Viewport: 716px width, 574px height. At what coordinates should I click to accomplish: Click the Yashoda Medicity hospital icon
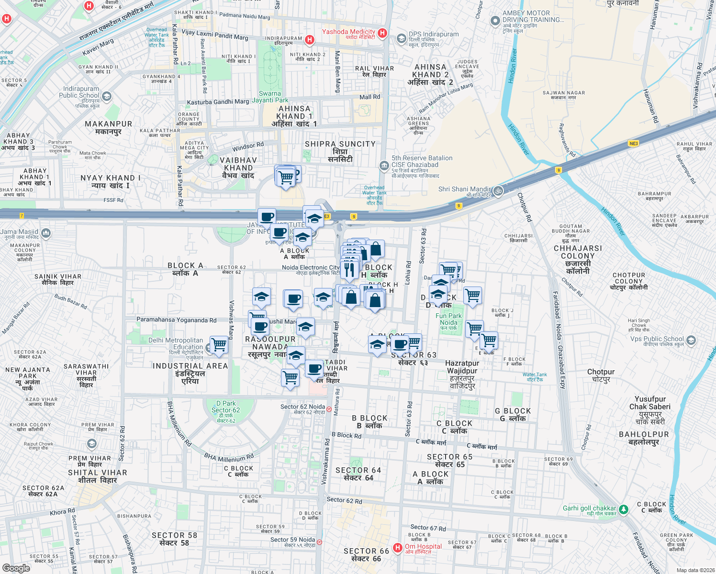pyautogui.click(x=382, y=33)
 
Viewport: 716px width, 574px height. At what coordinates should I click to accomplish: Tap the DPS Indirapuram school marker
pyautogui.click(x=401, y=38)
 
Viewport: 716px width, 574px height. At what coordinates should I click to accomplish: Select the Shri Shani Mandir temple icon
pyautogui.click(x=498, y=190)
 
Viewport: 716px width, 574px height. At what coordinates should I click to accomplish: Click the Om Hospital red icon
pyautogui.click(x=397, y=548)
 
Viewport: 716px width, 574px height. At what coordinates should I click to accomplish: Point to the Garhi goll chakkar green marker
pyautogui.click(x=623, y=509)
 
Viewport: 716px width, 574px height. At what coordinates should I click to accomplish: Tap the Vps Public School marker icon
pyautogui.click(x=691, y=340)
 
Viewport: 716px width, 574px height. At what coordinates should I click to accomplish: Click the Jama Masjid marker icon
pyautogui.click(x=46, y=233)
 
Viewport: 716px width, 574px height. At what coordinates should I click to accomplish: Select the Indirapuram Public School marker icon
pyautogui.click(x=106, y=96)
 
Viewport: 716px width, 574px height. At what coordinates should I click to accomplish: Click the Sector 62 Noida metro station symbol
pyautogui.click(x=329, y=409)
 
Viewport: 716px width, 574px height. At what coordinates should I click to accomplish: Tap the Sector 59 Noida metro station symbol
pyautogui.click(x=319, y=542)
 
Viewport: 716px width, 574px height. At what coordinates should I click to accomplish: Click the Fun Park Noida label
pyautogui.click(x=448, y=319)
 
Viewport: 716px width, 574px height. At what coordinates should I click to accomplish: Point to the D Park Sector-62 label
pyautogui.click(x=225, y=409)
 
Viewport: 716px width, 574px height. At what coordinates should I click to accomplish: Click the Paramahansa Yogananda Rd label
pyautogui.click(x=177, y=320)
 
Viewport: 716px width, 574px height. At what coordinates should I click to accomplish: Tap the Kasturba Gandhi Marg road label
pyautogui.click(x=218, y=102)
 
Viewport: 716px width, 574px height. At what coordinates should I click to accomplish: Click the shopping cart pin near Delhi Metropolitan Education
pyautogui.click(x=219, y=344)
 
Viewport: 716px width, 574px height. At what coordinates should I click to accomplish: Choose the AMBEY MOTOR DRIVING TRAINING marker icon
pyautogui.click(x=495, y=21)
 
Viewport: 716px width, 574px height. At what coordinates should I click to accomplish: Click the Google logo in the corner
pyautogui.click(x=16, y=568)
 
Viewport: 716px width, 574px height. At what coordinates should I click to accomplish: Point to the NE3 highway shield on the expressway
pyautogui.click(x=634, y=143)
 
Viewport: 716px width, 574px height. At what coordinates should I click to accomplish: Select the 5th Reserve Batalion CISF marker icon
pyautogui.click(x=384, y=166)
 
